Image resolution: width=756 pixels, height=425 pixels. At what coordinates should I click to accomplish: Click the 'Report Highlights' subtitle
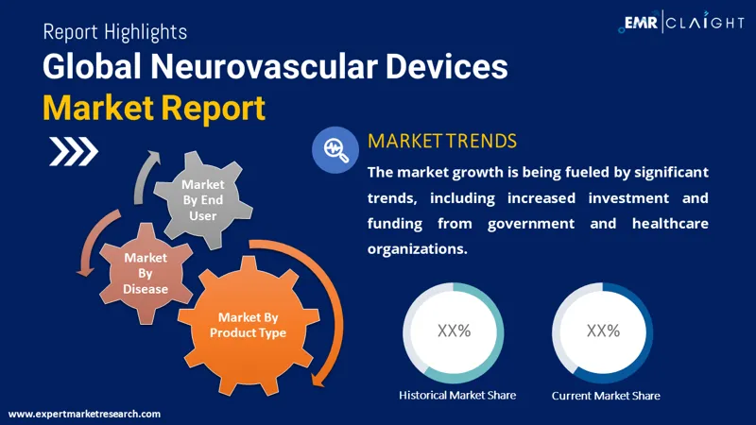click(x=114, y=31)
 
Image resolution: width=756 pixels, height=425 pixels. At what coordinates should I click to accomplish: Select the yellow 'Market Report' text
click(x=153, y=109)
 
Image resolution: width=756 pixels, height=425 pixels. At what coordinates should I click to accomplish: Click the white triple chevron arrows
click(x=74, y=150)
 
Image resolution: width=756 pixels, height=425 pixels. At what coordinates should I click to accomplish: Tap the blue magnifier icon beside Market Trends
click(x=334, y=149)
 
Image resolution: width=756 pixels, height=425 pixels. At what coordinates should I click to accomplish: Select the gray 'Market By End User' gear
click(x=202, y=199)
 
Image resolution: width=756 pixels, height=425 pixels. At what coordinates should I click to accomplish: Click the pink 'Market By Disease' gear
click(x=146, y=272)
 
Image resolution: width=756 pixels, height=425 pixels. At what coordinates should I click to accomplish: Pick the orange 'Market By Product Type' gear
click(x=248, y=325)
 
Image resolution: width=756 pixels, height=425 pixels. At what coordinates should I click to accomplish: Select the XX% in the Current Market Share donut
click(x=603, y=331)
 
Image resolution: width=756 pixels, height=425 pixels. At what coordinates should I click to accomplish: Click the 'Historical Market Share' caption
click(x=457, y=395)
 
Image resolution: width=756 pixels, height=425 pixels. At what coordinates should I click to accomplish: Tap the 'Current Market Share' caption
click(x=606, y=395)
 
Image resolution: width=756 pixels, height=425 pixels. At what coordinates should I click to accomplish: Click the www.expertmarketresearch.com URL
click(x=84, y=414)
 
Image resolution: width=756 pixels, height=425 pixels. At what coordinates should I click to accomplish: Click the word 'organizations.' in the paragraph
click(x=417, y=249)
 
